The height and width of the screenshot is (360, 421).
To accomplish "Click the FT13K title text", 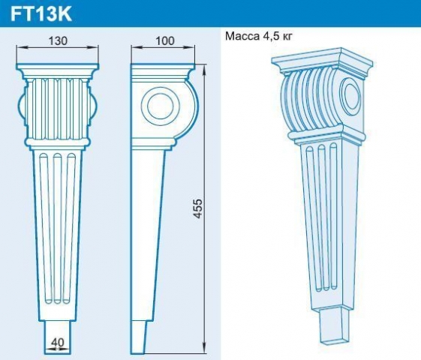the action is pyautogui.click(x=41, y=14).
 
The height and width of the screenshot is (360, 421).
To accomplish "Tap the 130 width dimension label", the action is pyautogui.click(x=58, y=41).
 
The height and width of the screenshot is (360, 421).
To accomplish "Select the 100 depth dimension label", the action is pyautogui.click(x=165, y=40).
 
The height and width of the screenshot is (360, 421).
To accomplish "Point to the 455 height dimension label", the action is pyautogui.click(x=197, y=208).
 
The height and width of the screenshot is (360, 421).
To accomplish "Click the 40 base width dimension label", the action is pyautogui.click(x=58, y=343).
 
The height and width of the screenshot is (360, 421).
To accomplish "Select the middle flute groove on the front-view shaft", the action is pyautogui.click(x=57, y=228).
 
